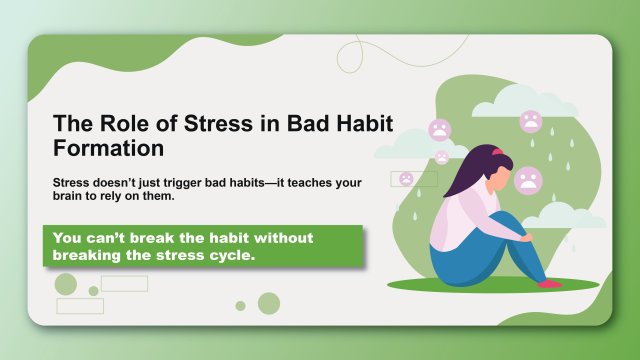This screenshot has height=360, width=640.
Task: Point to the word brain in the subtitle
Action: tap(71, 197)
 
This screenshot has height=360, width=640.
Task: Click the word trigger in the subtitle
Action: tap(194, 184)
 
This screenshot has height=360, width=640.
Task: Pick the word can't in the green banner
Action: tap(115, 238)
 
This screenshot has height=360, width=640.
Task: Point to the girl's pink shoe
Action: tap(549, 284)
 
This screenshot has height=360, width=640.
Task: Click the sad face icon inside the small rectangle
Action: tap(406, 179)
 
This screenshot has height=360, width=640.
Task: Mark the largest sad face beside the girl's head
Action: tap(528, 181)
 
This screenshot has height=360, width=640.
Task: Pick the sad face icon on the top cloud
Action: tap(530, 122)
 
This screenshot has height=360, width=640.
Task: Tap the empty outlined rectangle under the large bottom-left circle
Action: tap(80, 305)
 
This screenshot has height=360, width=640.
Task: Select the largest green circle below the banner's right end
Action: tap(268, 303)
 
